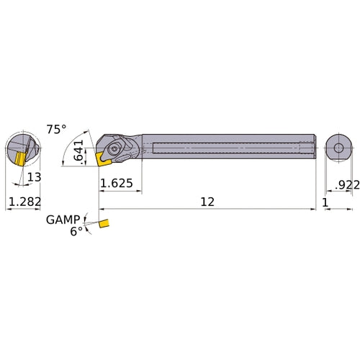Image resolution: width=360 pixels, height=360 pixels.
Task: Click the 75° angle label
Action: tap(55, 129)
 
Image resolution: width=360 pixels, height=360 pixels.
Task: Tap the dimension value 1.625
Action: tap(116, 184)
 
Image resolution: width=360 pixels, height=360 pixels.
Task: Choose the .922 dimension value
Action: tap(346, 184)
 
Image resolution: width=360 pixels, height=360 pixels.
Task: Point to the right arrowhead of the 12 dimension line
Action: tap(313, 210)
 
